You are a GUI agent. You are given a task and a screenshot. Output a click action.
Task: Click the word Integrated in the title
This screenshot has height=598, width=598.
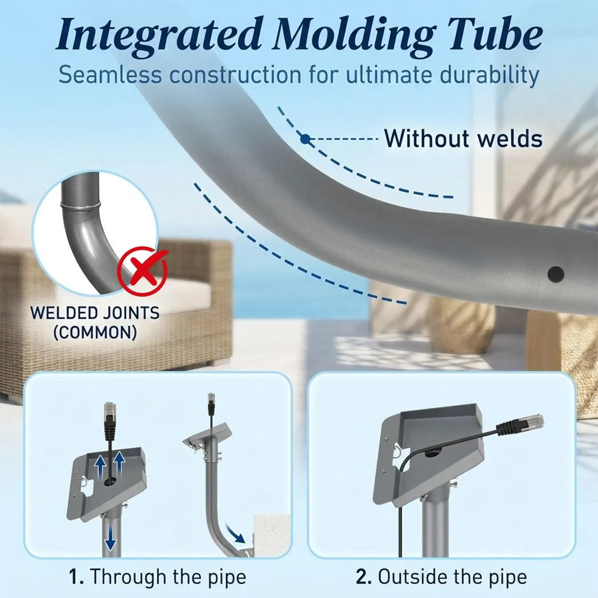[158, 35]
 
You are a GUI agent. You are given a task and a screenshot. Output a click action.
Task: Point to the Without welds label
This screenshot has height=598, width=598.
[463, 138]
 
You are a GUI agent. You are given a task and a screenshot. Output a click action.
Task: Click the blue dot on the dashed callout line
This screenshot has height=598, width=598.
[305, 139]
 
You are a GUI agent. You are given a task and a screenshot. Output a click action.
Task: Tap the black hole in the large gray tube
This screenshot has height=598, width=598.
[556, 274]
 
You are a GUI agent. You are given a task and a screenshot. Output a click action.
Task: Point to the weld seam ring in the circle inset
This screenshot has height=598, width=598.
[80, 206]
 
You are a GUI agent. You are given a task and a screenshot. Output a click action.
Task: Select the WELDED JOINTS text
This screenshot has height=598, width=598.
[95, 313]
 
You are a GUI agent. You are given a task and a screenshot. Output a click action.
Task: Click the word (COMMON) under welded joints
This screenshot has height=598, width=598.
[95, 333]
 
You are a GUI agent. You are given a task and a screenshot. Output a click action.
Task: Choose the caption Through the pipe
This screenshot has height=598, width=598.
[168, 577]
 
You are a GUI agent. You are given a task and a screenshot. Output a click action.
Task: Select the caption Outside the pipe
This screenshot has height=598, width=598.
[452, 577]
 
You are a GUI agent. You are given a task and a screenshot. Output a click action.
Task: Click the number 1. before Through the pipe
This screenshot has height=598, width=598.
[76, 576]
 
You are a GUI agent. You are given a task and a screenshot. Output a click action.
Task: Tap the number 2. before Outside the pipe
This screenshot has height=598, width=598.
[364, 577]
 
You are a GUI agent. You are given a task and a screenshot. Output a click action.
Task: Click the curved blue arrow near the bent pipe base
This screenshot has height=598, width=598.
[235, 534]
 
